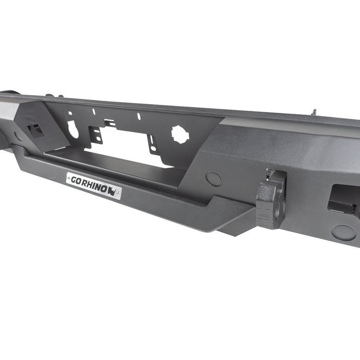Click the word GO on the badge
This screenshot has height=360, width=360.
[76, 180]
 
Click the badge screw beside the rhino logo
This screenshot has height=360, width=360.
[118, 193]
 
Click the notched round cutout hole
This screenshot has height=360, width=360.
[180, 134]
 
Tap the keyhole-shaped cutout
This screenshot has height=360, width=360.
[73, 129]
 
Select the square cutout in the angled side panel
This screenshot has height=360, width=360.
[36, 131]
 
